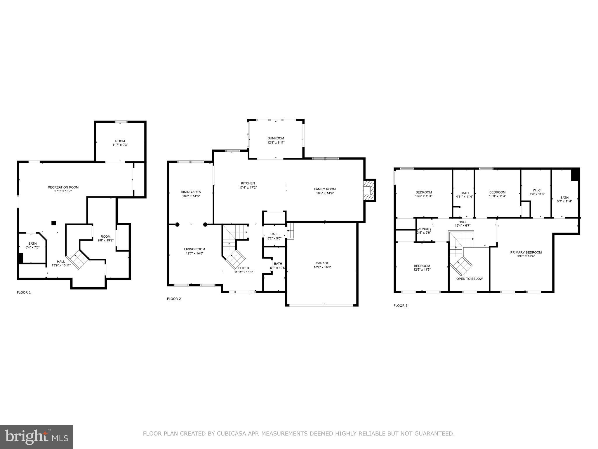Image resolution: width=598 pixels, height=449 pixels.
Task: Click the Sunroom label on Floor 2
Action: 276,138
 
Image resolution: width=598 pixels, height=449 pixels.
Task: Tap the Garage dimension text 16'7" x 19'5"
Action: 322,267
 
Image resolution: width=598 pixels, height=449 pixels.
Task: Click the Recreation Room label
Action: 63,187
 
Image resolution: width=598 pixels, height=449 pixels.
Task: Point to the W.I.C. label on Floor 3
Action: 537,190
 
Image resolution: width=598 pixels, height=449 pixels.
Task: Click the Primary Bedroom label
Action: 526,253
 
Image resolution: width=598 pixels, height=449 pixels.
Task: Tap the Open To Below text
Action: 470,279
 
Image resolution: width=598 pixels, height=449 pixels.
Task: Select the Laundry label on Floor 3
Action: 424,229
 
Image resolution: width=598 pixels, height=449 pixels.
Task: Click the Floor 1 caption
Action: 24,292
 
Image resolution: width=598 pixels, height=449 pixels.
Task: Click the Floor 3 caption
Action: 400,306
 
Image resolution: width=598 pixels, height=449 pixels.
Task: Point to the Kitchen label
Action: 248,183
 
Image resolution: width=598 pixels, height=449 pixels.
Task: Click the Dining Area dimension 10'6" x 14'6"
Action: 191,196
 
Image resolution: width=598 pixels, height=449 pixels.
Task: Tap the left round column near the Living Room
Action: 177,224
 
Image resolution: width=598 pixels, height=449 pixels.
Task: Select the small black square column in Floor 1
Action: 54,223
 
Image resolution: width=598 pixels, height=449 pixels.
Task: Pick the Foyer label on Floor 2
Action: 244,268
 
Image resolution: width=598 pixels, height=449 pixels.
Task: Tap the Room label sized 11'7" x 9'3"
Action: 120,141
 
